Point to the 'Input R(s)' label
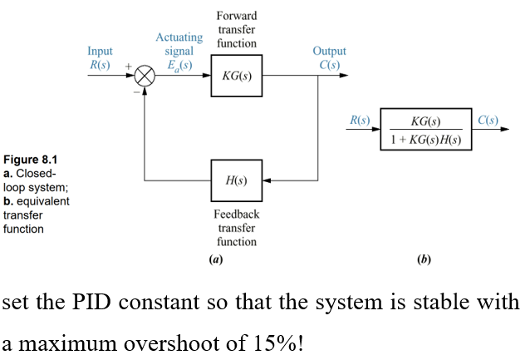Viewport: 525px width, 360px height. click(100, 58)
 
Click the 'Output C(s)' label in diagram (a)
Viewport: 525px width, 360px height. click(329, 58)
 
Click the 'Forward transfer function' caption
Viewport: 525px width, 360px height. click(237, 29)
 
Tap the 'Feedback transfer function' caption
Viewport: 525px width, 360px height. click(237, 228)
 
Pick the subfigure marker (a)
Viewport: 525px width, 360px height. click(216, 259)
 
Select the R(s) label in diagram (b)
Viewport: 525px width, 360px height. click(359, 121)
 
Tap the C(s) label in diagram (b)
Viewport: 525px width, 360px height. click(488, 121)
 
